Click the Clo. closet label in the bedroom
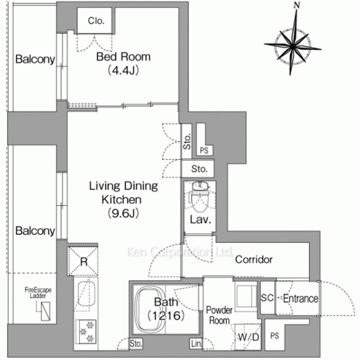point(96,22)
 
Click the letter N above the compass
point(295,6)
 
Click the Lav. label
point(199,220)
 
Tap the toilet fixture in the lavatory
point(199,194)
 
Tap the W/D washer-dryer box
point(248,336)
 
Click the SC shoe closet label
point(266,298)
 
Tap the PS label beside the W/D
point(274,336)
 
